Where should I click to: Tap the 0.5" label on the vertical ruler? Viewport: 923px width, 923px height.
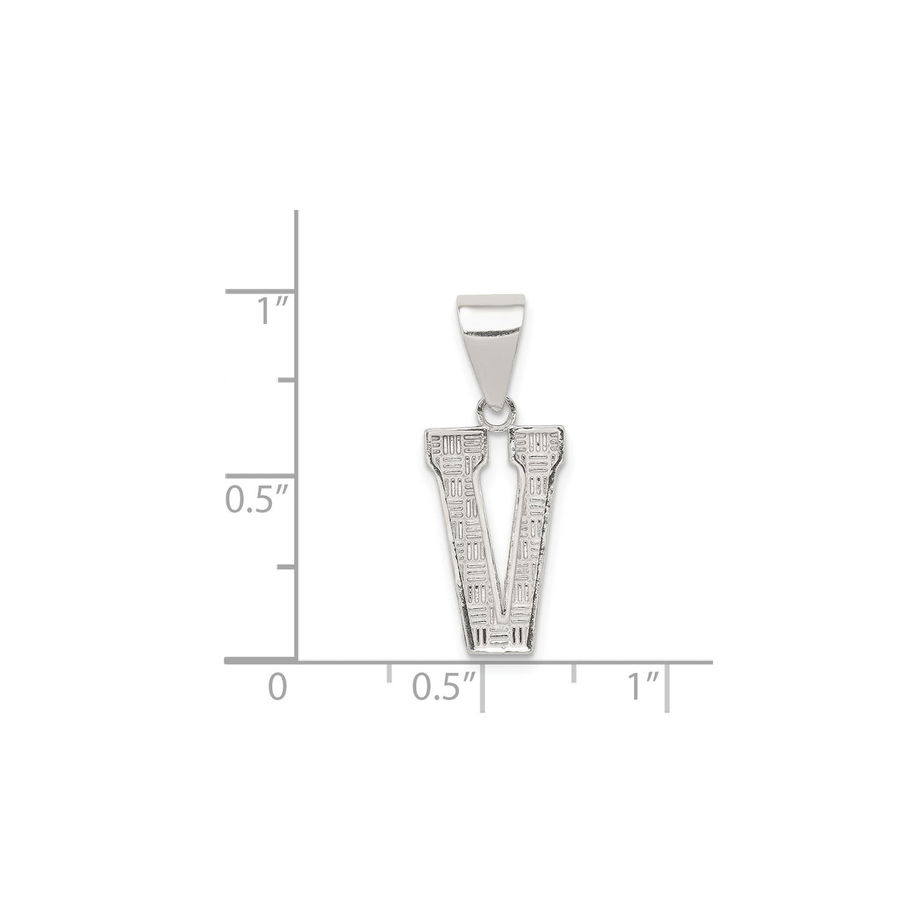[x=256, y=499]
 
